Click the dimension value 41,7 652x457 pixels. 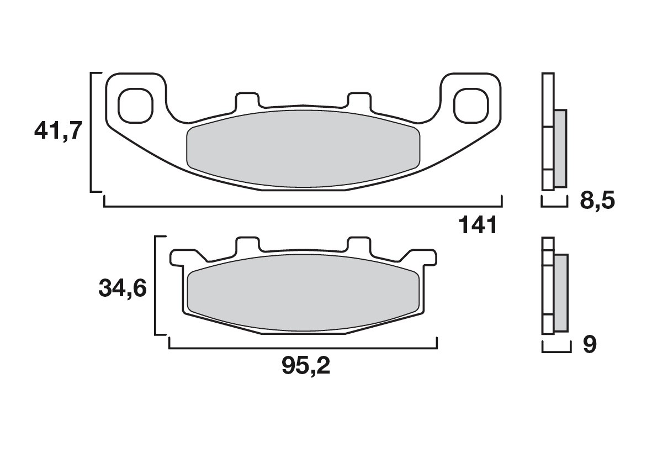pos(58,132)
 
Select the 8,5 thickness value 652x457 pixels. pos(597,201)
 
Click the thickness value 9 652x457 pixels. pos(590,345)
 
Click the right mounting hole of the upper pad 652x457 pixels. pos(471,104)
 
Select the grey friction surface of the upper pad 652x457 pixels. pos(304,148)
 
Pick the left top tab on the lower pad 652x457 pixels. pos(247,245)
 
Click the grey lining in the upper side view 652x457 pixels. pos(560,148)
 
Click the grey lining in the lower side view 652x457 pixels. pos(560,293)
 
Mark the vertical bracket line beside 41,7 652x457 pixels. pos(91,132)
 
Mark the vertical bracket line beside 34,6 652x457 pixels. pos(156,285)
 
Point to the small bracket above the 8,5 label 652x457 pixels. pos(554,203)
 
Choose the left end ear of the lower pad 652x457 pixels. pos(178,257)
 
